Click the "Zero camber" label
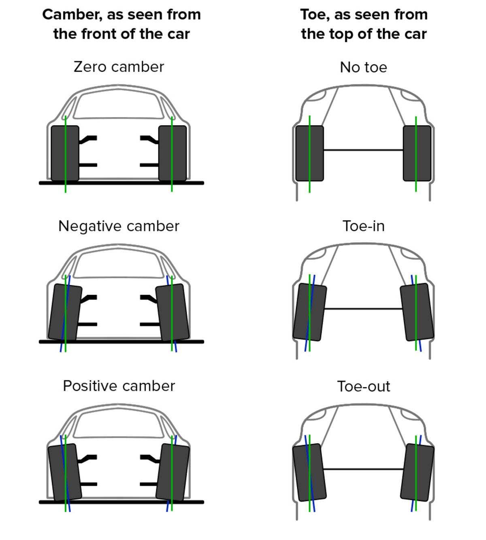[119, 67]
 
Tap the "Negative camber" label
[119, 226]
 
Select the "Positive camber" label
[119, 386]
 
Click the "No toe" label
[363, 67]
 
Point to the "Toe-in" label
[363, 226]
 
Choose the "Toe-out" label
[363, 386]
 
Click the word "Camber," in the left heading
[70, 15]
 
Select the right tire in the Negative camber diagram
[179, 312]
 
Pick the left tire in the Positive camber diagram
[59, 472]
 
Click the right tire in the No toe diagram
[423, 153]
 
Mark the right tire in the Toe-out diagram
[423, 472]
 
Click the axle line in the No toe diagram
[363, 150]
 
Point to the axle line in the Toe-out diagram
[363, 469]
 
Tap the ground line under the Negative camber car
[122, 342]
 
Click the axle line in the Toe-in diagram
[363, 309]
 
